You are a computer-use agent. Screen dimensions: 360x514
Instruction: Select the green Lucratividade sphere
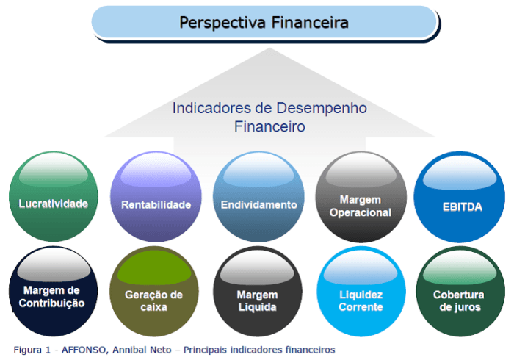54,197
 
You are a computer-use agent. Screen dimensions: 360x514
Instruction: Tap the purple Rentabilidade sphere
156,197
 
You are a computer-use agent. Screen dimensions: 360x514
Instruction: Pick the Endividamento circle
259,197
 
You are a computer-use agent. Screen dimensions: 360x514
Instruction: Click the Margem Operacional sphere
361,197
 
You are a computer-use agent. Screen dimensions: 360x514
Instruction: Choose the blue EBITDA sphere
462,197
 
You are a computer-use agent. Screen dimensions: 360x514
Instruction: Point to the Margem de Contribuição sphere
54,292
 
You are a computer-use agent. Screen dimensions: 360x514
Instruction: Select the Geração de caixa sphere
156,292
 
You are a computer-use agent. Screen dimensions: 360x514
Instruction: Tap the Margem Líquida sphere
258,292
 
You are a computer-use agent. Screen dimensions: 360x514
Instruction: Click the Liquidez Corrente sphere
361,292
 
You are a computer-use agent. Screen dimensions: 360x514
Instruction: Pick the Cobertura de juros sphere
462,292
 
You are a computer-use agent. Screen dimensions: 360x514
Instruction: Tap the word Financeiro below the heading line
269,126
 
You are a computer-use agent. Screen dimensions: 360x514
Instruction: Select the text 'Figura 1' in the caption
31,349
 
